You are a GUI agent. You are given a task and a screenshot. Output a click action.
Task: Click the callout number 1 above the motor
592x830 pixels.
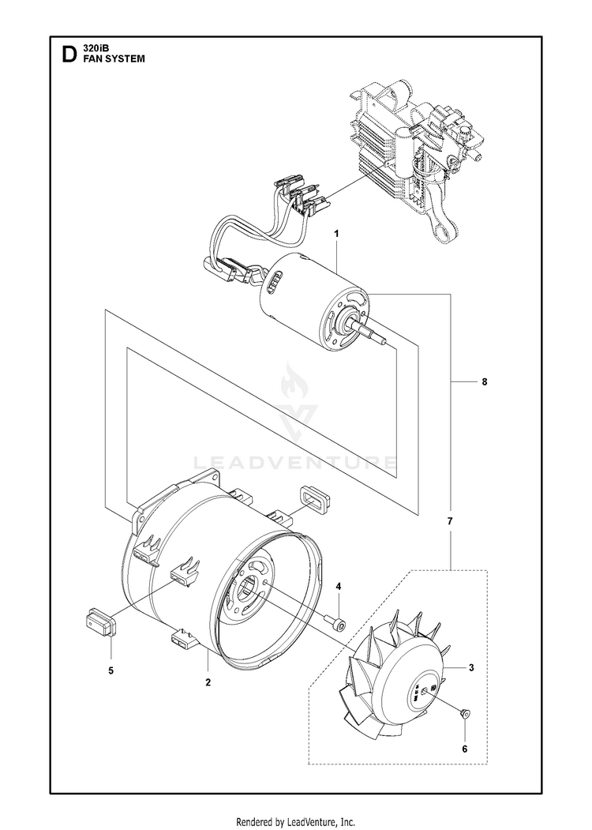click(336, 235)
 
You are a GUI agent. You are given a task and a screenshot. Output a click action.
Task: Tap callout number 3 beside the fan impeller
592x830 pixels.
click(471, 668)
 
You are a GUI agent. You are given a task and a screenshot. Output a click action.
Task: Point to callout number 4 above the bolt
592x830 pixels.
click(338, 587)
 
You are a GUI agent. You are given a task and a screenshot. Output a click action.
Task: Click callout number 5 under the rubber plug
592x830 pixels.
click(111, 670)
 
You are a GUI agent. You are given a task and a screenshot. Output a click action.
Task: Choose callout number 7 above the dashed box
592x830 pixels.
click(450, 522)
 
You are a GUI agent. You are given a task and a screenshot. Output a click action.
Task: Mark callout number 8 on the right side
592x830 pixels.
click(484, 382)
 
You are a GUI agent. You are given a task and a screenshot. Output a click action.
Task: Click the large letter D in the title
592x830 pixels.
click(69, 54)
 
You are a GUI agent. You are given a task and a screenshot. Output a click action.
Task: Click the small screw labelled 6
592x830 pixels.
click(463, 714)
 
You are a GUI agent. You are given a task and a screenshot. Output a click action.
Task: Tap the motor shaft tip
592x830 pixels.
click(385, 342)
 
